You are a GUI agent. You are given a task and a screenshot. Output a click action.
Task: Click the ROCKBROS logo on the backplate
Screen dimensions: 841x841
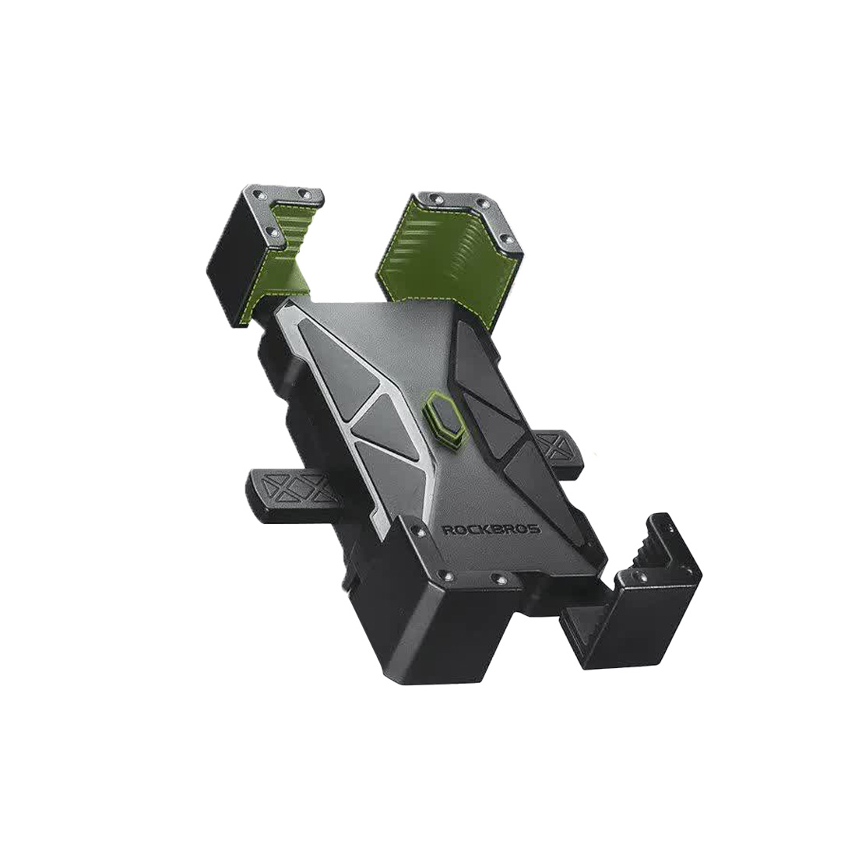(492, 530)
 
